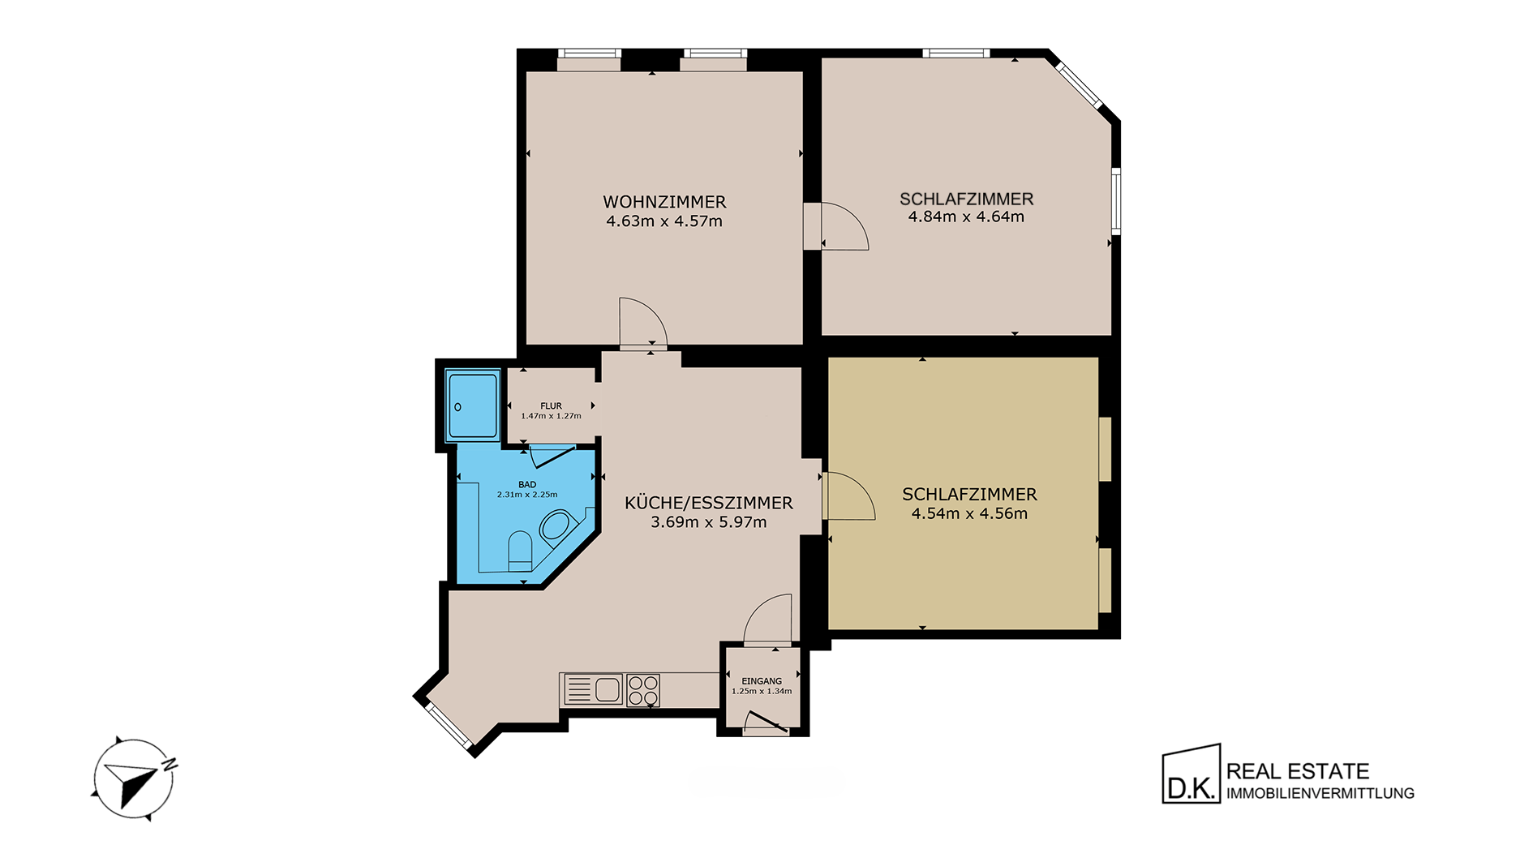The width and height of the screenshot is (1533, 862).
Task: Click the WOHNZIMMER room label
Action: point(664,202)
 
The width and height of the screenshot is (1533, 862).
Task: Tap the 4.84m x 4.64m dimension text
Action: point(966,217)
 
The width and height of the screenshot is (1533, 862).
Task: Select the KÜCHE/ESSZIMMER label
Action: point(709,503)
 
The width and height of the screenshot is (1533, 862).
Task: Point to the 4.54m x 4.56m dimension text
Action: point(969,513)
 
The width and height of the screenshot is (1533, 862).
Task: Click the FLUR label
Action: point(551,406)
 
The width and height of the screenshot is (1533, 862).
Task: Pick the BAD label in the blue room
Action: point(527,485)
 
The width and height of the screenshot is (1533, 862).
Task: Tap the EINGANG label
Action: point(762,682)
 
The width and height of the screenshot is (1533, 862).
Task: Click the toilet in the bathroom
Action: point(519,549)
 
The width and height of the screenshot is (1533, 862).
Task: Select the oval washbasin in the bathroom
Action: point(556,525)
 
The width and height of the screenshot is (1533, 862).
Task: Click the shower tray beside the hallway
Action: point(471,405)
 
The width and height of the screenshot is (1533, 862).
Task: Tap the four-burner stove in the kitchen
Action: point(642,690)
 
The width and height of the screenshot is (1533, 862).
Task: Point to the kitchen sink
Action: point(591,690)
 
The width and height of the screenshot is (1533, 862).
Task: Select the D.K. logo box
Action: point(1192,774)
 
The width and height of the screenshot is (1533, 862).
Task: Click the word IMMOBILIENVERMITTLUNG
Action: point(1320,794)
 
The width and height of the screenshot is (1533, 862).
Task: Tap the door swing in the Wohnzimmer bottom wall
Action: point(643,323)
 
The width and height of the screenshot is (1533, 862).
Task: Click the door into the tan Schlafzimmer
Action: point(848,495)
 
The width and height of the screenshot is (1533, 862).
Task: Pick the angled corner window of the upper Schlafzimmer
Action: point(1080,84)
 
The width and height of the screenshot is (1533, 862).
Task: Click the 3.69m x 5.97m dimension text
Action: point(709,522)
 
